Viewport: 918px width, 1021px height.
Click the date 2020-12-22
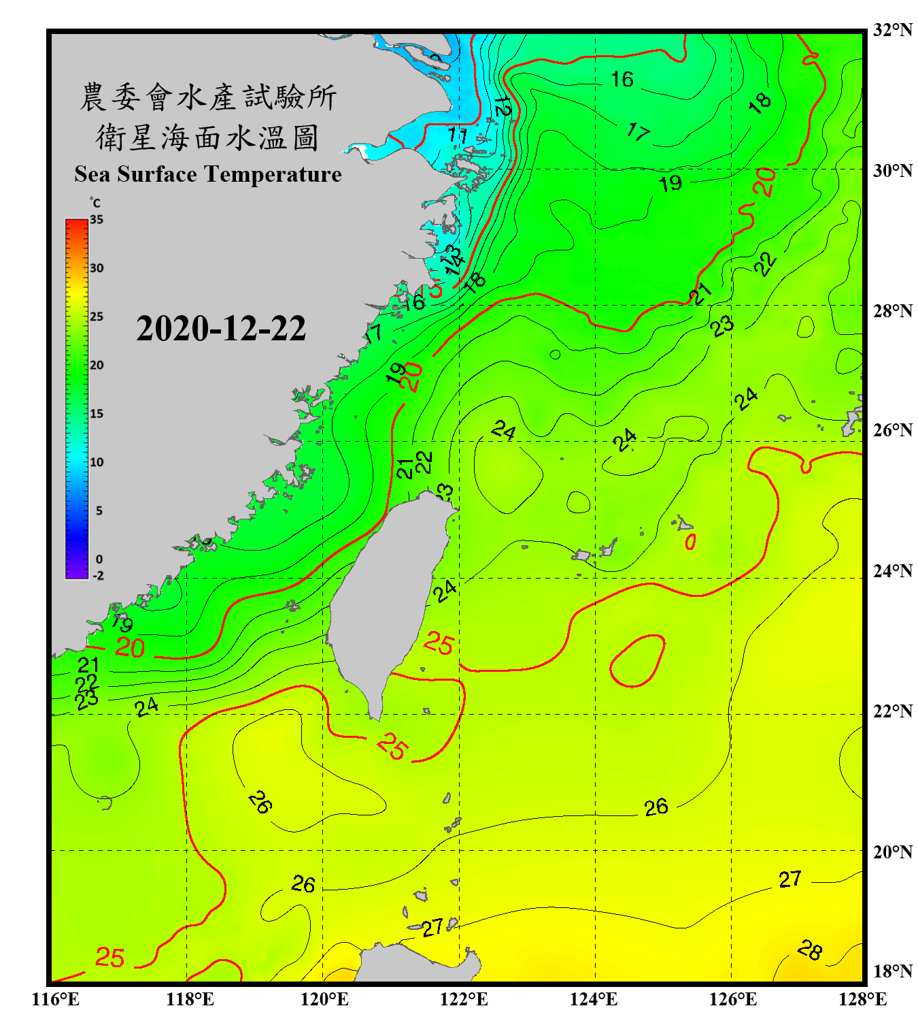coord(221,329)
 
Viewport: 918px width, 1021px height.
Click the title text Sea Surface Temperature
coord(208,174)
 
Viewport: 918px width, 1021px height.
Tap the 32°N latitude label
coord(892,30)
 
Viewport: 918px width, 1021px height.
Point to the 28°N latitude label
coord(892,311)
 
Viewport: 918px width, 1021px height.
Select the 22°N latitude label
coord(892,711)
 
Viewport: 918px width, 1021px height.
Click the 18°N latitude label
coord(892,971)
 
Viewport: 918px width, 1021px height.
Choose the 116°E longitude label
coord(56,999)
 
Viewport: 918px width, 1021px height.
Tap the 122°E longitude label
coord(464,999)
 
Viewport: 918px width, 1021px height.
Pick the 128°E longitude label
coord(862,999)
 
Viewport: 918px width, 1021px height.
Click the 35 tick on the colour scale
coord(97,220)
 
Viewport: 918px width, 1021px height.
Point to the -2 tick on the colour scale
coord(98,576)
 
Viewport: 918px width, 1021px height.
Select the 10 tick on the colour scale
coord(97,462)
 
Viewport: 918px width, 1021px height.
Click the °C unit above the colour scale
coord(95,203)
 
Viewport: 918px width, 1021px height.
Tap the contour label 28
coord(810,950)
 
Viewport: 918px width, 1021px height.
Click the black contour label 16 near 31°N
coord(622,80)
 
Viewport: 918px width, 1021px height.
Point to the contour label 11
coord(458,135)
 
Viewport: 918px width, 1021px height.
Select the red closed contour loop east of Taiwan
coord(637,661)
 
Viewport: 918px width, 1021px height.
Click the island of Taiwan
coord(388,599)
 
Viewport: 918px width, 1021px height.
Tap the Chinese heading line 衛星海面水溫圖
coord(207,138)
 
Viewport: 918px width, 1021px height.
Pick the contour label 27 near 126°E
coord(789,879)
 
